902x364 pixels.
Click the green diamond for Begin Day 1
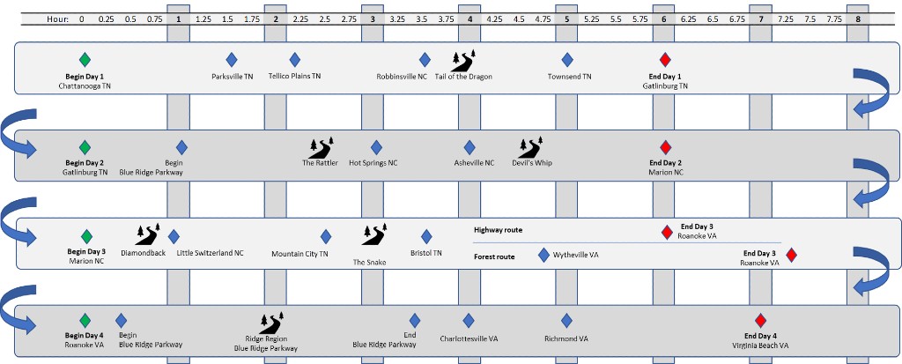[x=85, y=59]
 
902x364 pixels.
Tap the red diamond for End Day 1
[x=665, y=59]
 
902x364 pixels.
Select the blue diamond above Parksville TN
[x=232, y=59]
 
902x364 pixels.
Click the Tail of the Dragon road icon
[x=463, y=59]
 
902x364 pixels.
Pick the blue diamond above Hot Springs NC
[x=376, y=146]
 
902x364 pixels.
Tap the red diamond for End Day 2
[x=665, y=146]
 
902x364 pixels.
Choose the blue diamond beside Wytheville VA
[x=543, y=255]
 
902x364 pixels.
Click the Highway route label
[x=499, y=230]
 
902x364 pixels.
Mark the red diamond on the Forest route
[x=791, y=255]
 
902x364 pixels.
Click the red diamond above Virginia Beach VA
[x=761, y=320]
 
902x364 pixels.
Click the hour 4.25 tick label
[x=494, y=19]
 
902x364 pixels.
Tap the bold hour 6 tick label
[x=663, y=19]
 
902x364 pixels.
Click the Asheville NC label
[x=474, y=163]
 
